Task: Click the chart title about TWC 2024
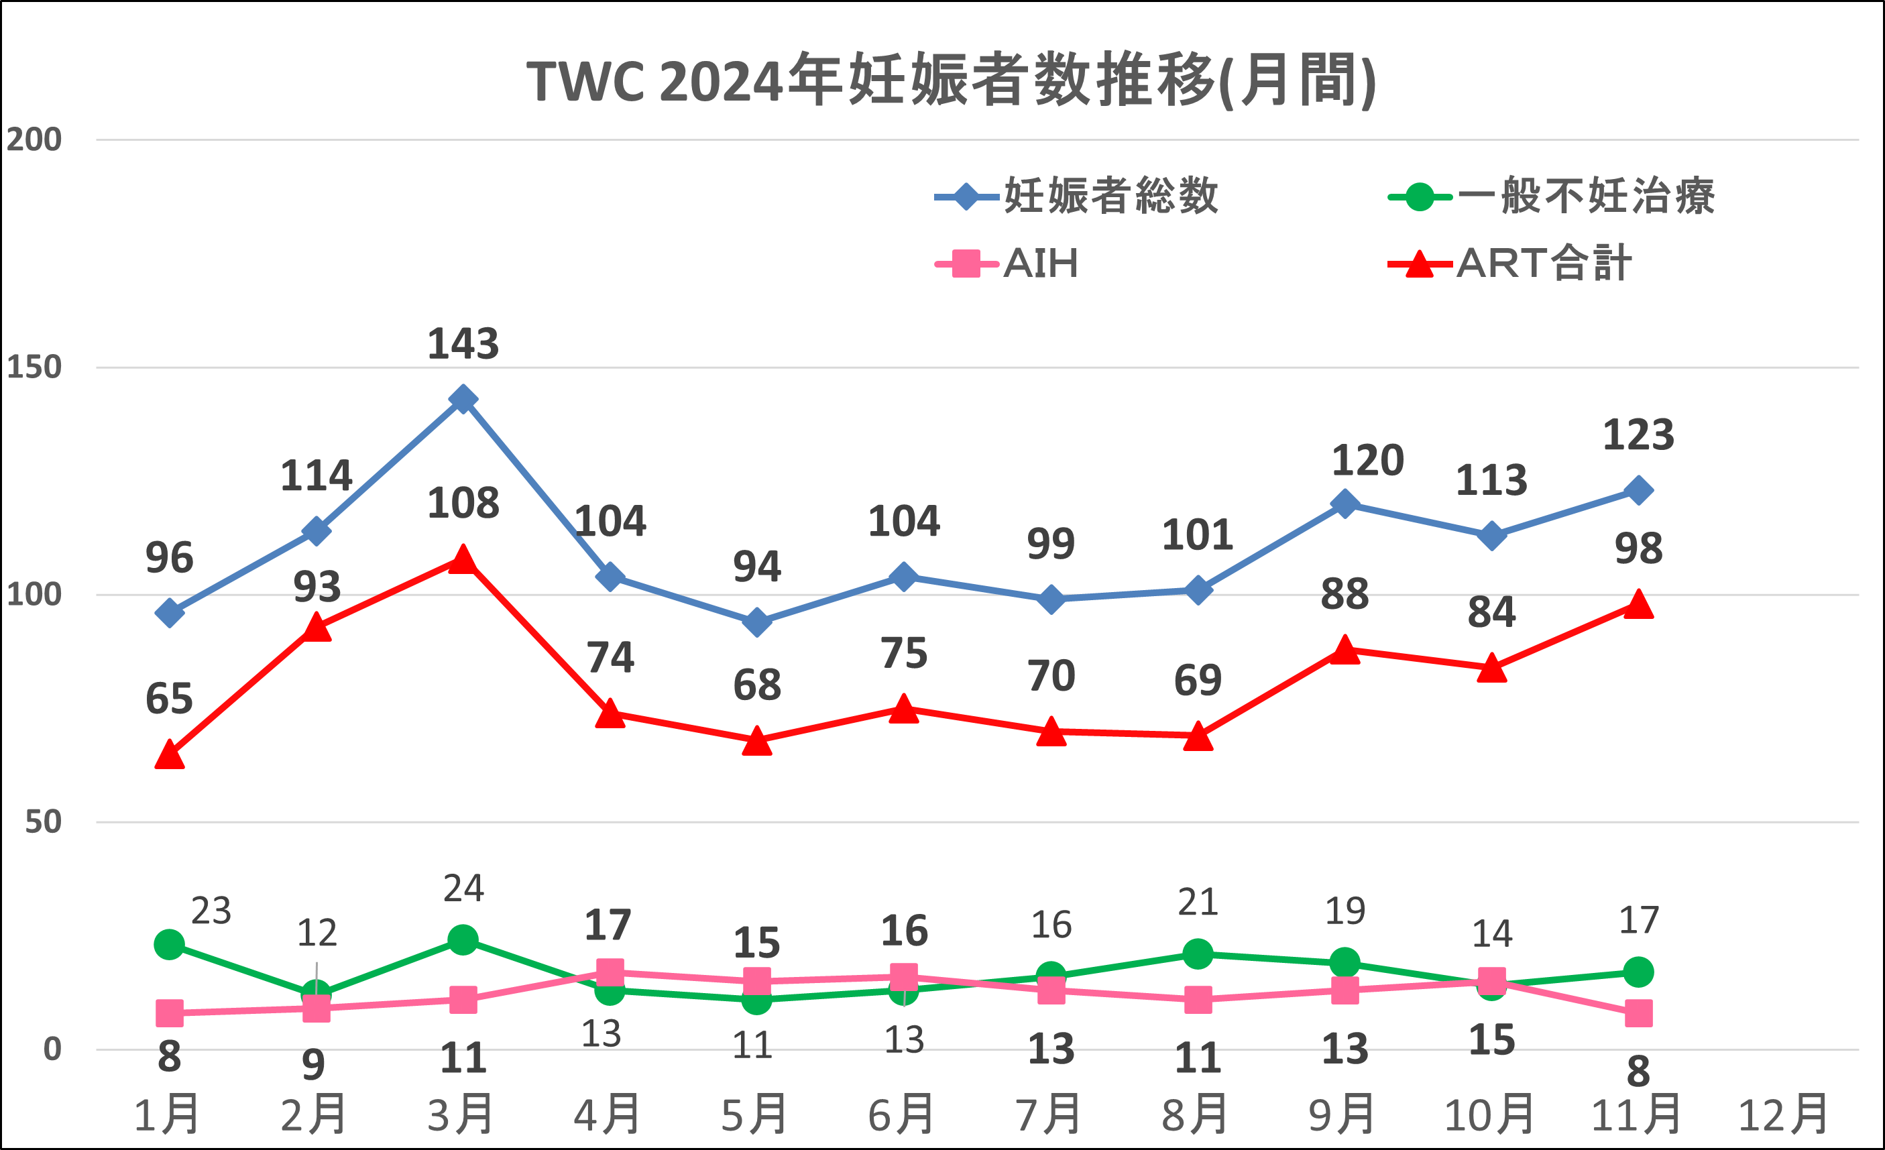(951, 80)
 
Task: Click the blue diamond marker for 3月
(463, 398)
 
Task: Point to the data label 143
(463, 344)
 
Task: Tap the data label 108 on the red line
(463, 504)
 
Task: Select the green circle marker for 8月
(1197, 954)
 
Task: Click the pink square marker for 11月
(1638, 1013)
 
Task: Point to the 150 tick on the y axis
(34, 367)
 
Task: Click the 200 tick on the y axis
(34, 140)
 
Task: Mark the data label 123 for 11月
(1638, 435)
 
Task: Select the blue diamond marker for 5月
(756, 622)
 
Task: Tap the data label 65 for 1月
(169, 699)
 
